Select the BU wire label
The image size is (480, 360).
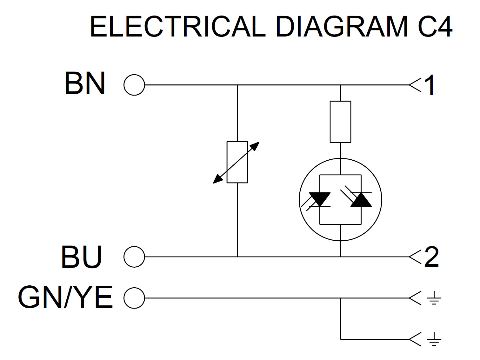pos(82,257)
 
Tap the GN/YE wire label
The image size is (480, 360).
pos(65,297)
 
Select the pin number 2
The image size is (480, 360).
pos(431,257)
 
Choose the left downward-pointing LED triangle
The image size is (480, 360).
pos(320,199)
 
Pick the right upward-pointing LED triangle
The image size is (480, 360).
pos(361,200)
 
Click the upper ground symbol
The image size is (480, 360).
pos(434,298)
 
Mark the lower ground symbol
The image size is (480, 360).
pos(434,339)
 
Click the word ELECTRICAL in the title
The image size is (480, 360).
pos(177,27)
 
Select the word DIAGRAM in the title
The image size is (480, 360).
pos(342,27)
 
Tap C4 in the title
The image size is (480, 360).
pos(435,27)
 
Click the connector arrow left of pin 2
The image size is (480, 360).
pos(415,257)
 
